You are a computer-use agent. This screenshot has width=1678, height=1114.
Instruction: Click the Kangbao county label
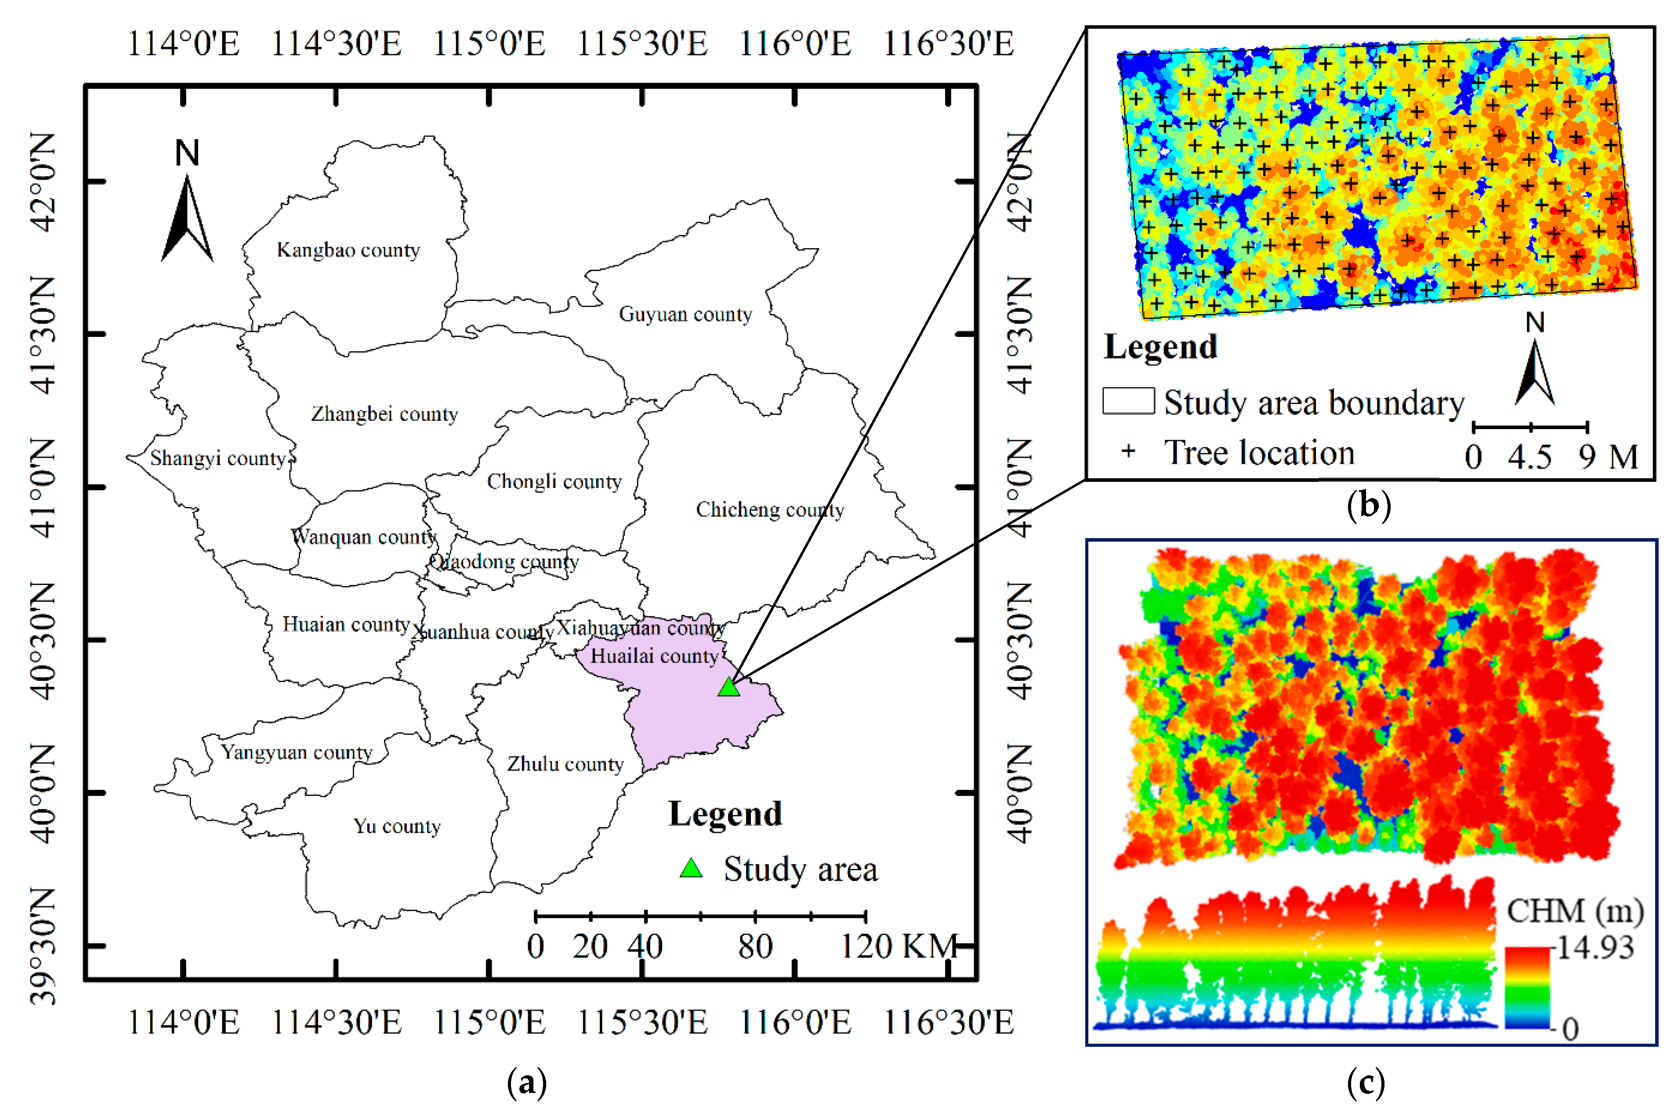point(348,250)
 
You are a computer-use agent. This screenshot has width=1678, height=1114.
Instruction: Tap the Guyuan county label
point(685,314)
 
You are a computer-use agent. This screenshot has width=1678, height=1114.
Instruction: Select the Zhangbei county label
point(384,413)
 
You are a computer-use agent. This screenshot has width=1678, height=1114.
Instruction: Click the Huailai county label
point(654,656)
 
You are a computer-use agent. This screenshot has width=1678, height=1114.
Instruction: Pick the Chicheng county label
point(769,510)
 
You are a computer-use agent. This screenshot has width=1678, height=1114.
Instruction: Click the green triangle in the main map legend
point(691,868)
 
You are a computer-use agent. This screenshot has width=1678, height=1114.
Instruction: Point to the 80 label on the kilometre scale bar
point(754,946)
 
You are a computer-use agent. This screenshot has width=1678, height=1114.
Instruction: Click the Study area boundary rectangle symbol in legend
point(1128,401)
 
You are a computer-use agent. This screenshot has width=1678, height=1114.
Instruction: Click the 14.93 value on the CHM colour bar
point(1595,948)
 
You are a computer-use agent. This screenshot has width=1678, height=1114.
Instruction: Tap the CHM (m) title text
point(1575,911)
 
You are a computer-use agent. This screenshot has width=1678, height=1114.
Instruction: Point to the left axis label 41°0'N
point(44,488)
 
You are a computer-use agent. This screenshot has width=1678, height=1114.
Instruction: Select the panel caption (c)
point(1366,1083)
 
